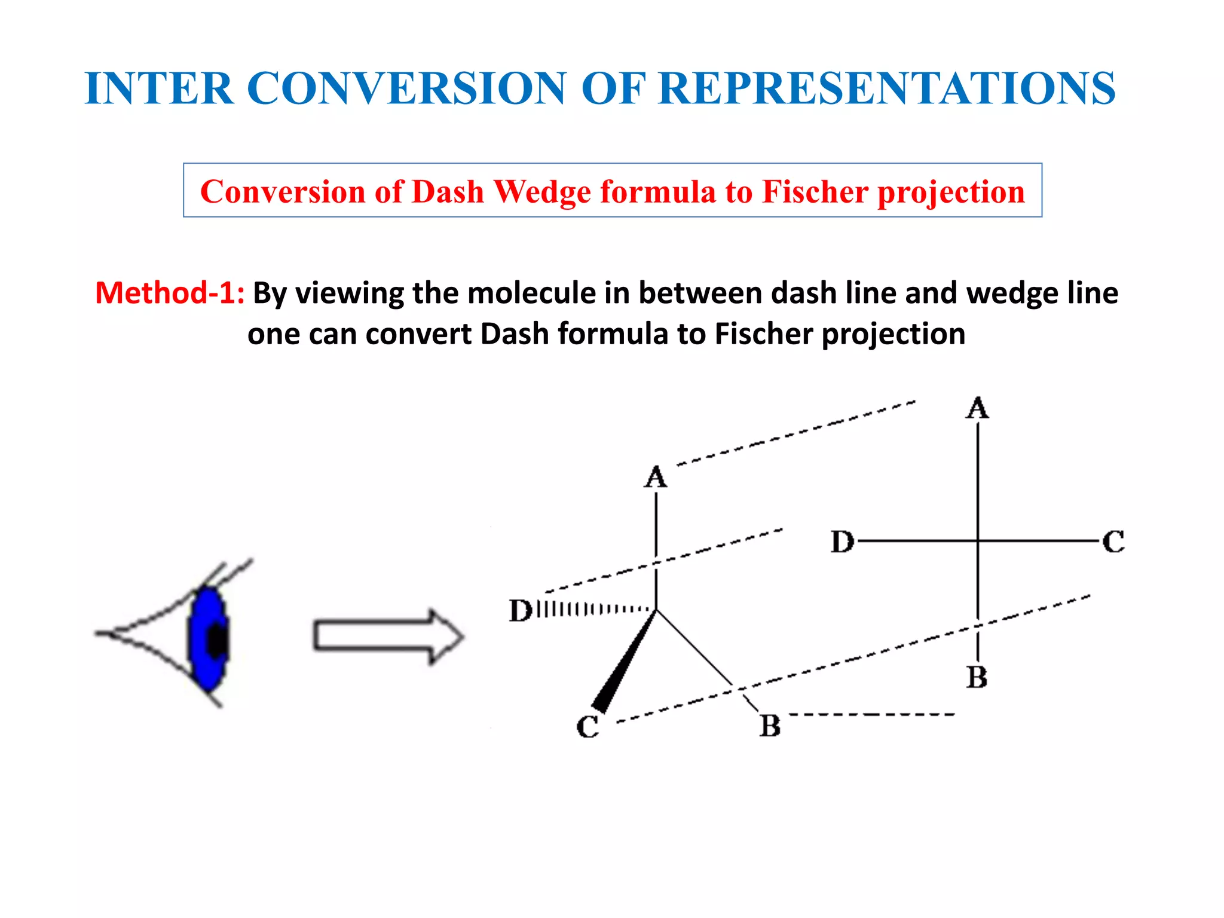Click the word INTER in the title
[159, 88]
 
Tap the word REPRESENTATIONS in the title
[886, 88]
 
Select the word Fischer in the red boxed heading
[815, 192]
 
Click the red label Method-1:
[170, 293]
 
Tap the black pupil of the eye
[216, 641]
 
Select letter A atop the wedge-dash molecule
[656, 478]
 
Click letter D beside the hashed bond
[520, 611]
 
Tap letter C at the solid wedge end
[587, 727]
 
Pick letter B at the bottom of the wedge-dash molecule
[770, 726]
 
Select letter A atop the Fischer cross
[977, 409]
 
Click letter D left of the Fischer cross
[842, 542]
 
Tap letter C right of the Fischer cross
[1113, 542]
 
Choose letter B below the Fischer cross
[977, 678]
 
